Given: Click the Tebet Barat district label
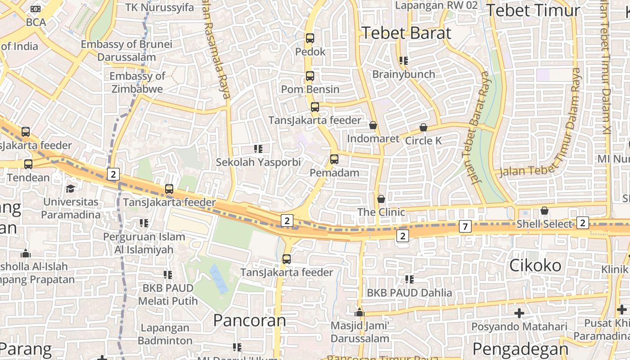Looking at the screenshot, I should point(406,33).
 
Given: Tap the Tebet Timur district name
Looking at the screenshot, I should point(533,10).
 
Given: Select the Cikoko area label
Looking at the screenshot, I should point(535,265).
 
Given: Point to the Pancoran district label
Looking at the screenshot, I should point(249,320).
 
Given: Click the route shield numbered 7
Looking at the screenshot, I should point(465,226).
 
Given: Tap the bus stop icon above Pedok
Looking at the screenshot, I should point(310,38).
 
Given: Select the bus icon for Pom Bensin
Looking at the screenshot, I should point(310,76).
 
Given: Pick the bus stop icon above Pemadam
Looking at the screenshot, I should point(334,159).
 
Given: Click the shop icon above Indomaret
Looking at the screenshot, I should point(373,125).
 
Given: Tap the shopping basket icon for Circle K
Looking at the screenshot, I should point(423,127).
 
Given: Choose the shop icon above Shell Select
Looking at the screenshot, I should point(544,211).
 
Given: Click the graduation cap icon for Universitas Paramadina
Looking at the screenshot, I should point(71,188).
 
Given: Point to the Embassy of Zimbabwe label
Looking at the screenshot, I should point(137,82).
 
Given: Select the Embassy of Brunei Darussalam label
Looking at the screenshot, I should point(126,50).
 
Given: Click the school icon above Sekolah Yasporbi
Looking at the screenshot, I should point(258,148).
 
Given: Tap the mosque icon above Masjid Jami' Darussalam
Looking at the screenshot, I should point(359,312).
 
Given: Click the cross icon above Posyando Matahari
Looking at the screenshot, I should point(519,313).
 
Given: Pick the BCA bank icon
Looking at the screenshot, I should point(36,9).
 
